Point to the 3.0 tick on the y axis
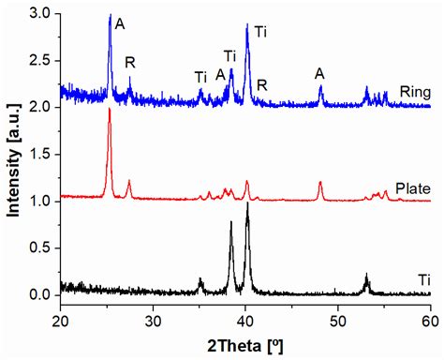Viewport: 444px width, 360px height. point(41,13)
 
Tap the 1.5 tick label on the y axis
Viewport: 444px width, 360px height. point(41,154)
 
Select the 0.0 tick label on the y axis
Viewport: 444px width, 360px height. point(41,294)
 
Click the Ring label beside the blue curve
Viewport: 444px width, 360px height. point(413,91)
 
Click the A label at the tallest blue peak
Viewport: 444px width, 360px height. point(119,23)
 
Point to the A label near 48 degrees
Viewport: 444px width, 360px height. point(320,73)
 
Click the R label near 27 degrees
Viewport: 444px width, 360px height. point(129,62)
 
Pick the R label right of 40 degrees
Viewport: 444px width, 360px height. point(262,85)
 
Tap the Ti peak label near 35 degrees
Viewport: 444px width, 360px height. point(200,77)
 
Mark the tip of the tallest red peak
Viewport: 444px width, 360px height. point(110,109)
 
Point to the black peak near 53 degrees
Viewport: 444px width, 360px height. point(366,275)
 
